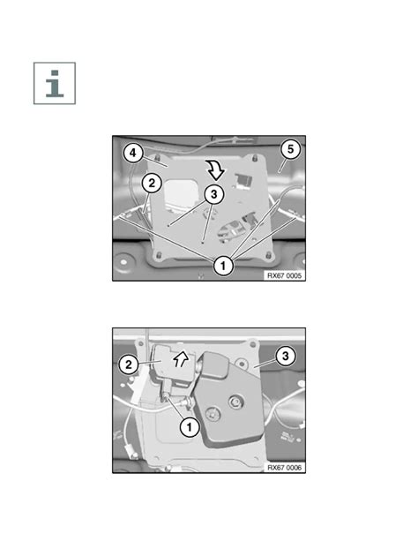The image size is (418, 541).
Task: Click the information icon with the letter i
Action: [55, 83]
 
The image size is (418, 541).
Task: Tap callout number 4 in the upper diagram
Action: [133, 153]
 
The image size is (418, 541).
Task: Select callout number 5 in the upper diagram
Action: [290, 149]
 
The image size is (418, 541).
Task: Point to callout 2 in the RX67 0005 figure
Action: [152, 184]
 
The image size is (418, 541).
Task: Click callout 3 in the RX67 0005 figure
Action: [213, 194]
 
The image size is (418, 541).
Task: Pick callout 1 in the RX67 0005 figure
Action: [223, 266]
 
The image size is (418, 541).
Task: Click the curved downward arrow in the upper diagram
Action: [214, 169]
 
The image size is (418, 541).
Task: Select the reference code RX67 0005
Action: [284, 275]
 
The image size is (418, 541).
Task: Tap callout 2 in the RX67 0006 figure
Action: [128, 364]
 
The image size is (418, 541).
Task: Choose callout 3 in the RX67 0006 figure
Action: [285, 356]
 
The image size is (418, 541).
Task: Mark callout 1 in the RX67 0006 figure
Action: [189, 427]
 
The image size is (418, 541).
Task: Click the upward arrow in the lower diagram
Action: [181, 359]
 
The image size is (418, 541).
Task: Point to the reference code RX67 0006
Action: [284, 468]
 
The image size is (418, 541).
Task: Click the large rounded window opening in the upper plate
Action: [182, 194]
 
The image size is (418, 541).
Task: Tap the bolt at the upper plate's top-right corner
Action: [255, 158]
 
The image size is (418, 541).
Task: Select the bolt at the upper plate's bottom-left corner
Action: [159, 256]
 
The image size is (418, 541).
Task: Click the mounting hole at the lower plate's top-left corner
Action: [140, 343]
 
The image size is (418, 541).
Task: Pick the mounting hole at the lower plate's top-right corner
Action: [253, 343]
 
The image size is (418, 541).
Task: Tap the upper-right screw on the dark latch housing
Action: [236, 402]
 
